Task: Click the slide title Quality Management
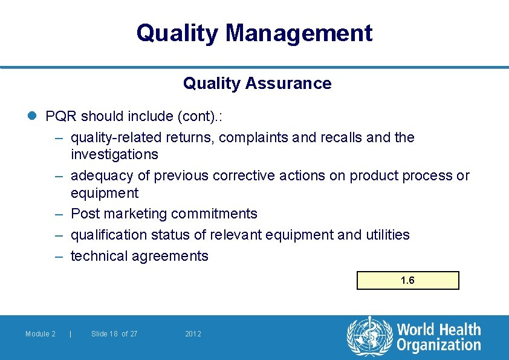[254, 33]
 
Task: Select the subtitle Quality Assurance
[257, 83]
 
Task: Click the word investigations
[114, 154]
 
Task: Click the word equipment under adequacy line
[105, 193]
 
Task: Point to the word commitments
[214, 214]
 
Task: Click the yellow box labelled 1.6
[408, 280]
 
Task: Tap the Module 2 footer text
[41, 334]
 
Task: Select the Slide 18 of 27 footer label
[114, 334]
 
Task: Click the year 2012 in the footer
[193, 334]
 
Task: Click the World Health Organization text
[438, 338]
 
